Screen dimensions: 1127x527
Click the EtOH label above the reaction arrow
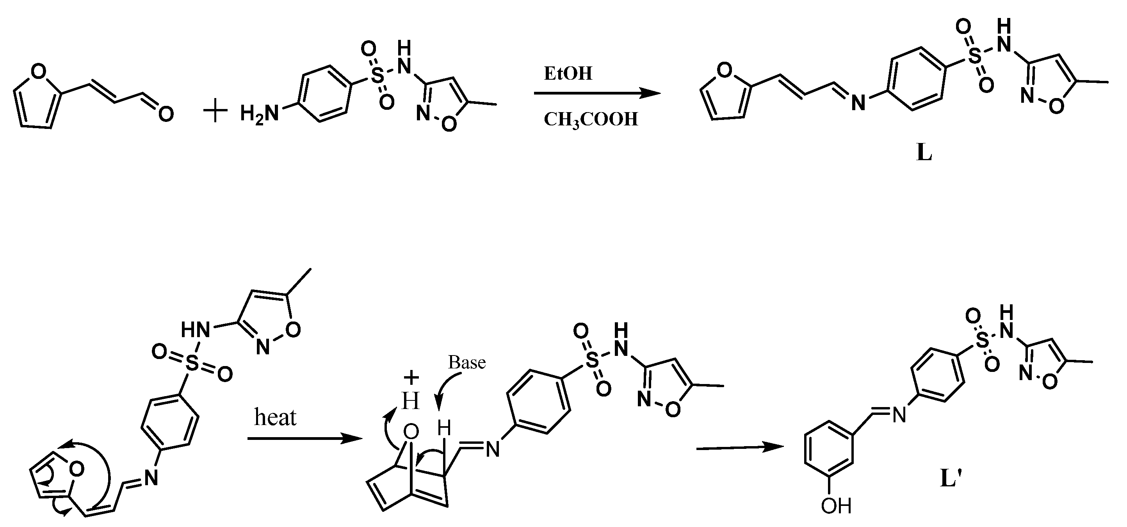coord(568,73)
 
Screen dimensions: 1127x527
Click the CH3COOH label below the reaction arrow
coord(591,120)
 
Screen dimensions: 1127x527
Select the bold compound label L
coord(924,153)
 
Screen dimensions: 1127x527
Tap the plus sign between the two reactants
coord(216,113)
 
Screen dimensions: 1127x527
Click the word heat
coord(275,418)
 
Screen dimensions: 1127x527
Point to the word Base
coord(467,363)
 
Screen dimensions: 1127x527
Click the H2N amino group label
coord(259,115)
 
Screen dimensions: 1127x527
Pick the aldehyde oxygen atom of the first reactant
coord(166,115)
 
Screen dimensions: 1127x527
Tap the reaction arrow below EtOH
coord(597,93)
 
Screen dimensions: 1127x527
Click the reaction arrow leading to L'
coord(739,447)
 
